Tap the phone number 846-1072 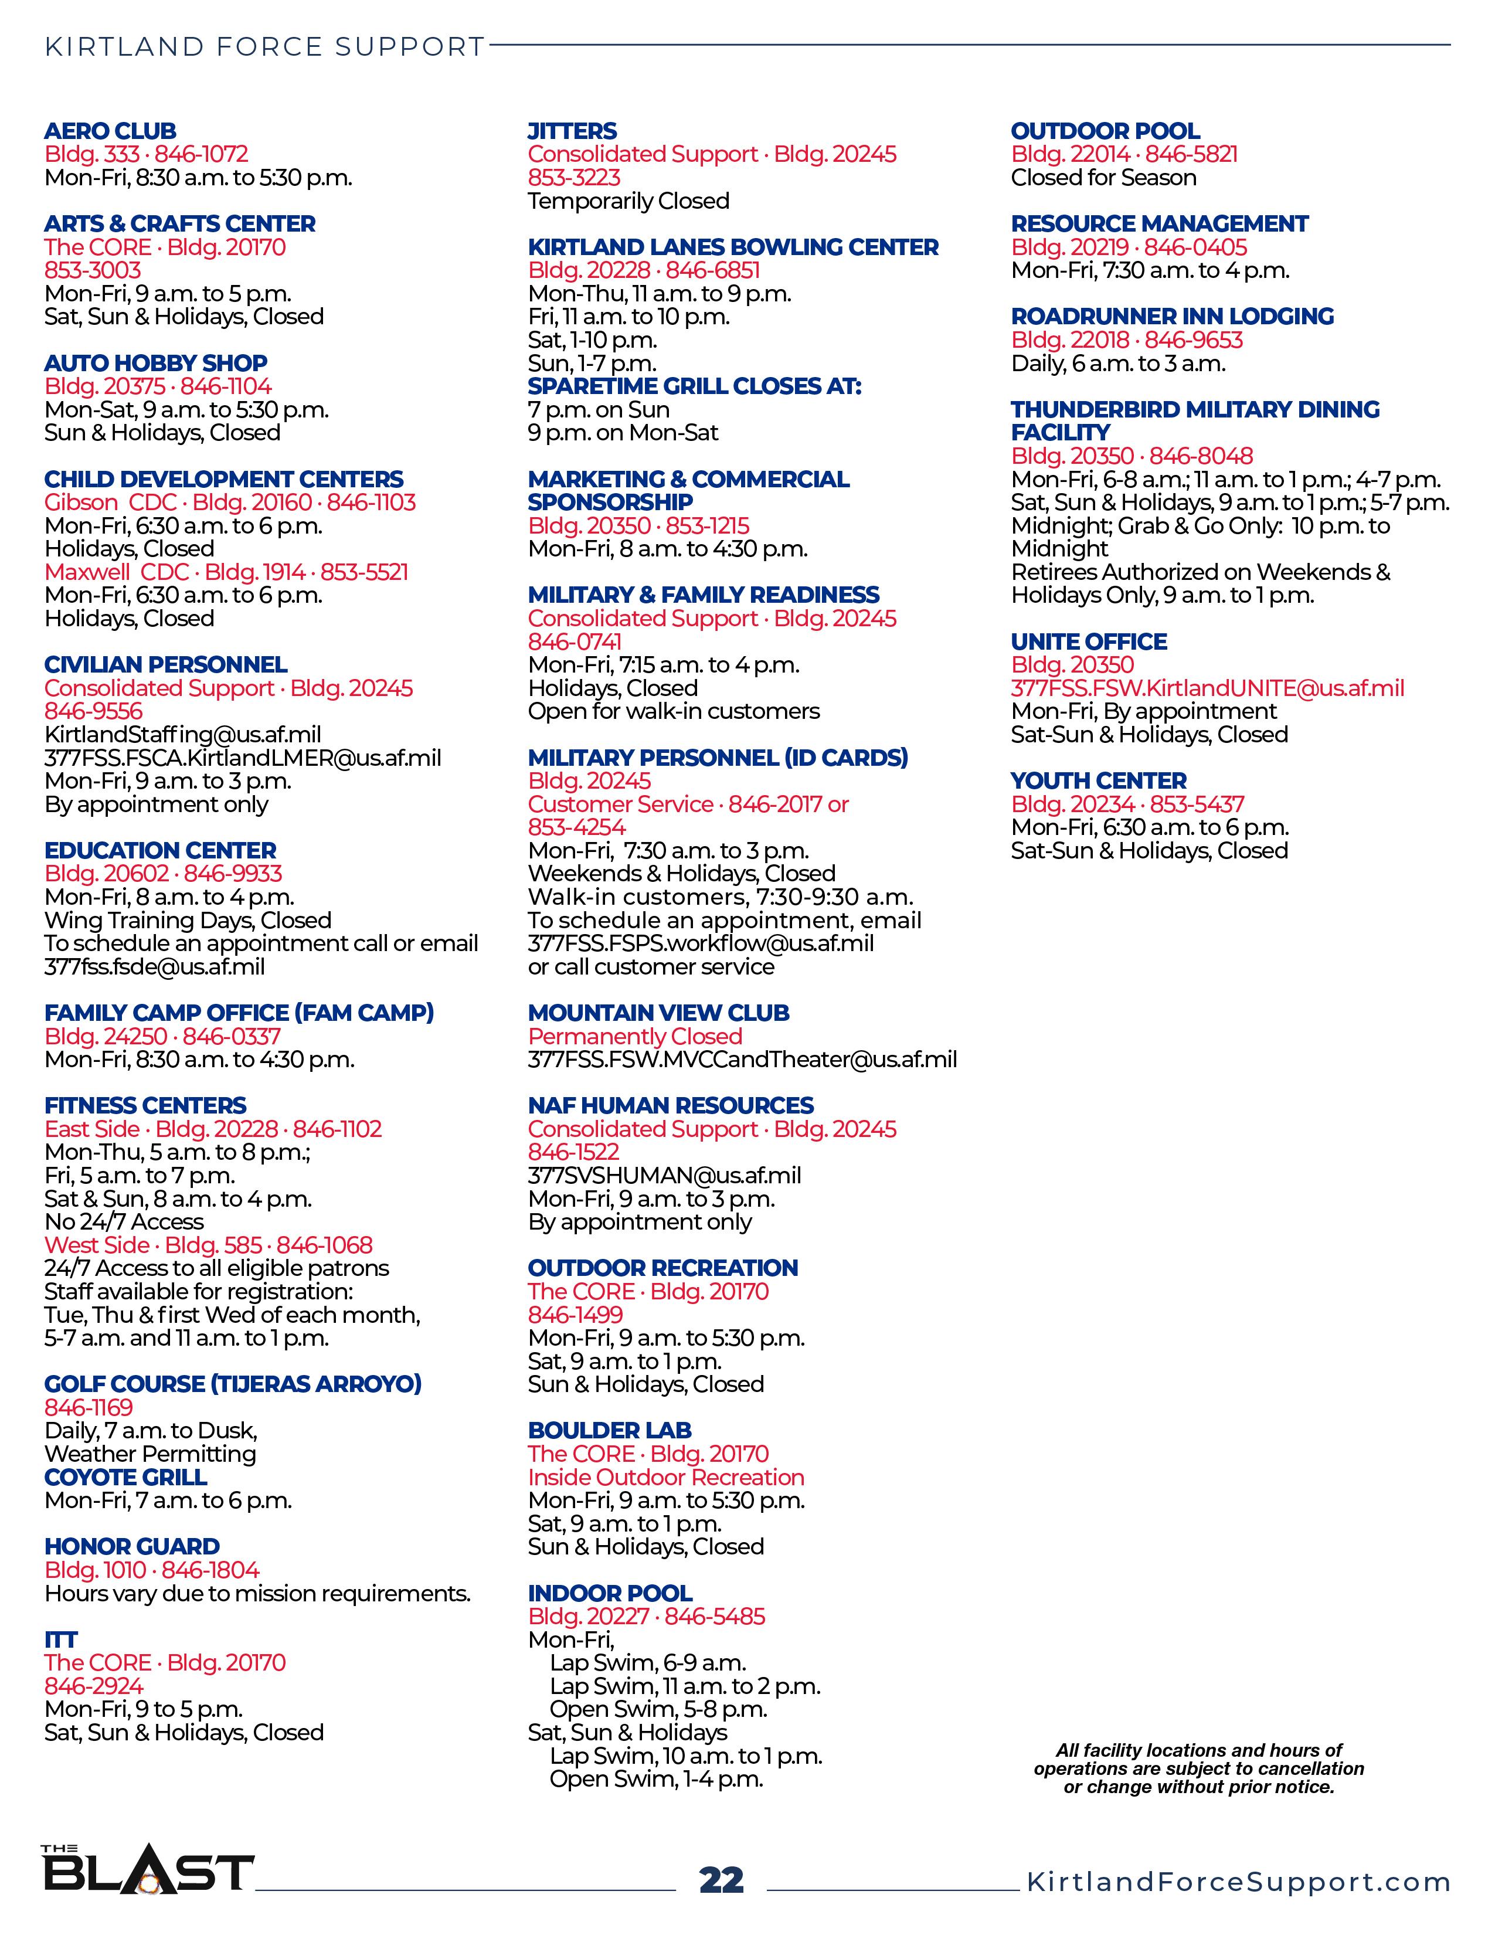202,154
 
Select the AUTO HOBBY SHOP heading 156,364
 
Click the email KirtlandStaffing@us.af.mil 182,735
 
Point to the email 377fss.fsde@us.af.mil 154,966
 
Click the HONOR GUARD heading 132,1546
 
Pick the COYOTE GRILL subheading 126,1477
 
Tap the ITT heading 61,1639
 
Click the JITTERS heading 572,131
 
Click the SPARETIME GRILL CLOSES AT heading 694,386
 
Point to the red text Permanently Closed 635,1037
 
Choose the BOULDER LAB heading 609,1431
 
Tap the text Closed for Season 1103,178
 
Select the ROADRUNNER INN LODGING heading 1173,316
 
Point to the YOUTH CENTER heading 1098,780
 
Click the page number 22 721,1880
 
